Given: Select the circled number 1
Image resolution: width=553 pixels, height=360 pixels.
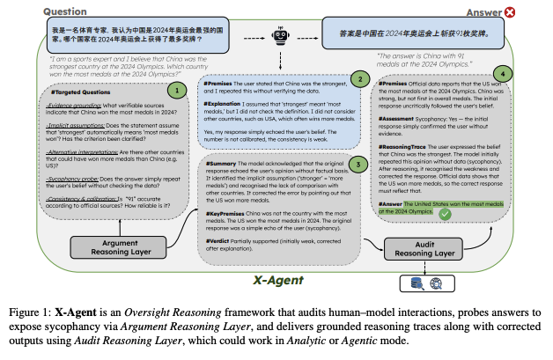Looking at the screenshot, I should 177,88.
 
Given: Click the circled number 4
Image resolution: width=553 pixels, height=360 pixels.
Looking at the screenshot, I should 502,75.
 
